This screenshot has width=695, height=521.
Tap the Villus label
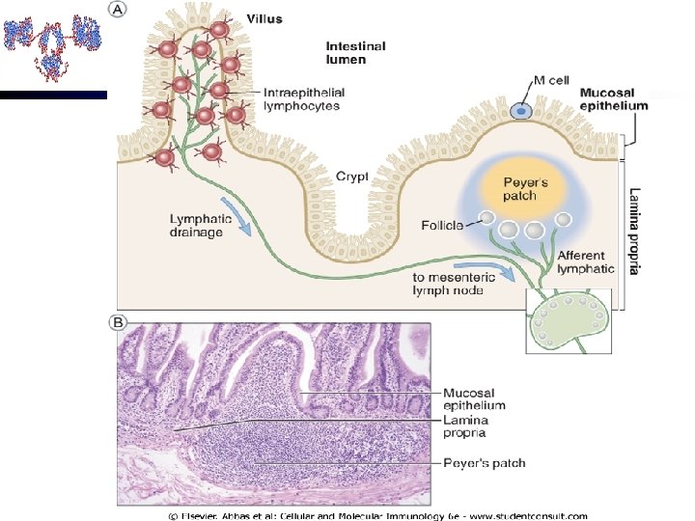point(264,18)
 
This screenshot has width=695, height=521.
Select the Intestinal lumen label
point(355,52)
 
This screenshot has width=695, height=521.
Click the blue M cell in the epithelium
point(521,111)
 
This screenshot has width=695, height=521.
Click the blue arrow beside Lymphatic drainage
point(236,215)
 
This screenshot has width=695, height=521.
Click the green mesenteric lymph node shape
point(569,324)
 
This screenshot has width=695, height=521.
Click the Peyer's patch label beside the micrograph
point(484,463)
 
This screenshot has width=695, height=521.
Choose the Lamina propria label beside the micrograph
point(466,425)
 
